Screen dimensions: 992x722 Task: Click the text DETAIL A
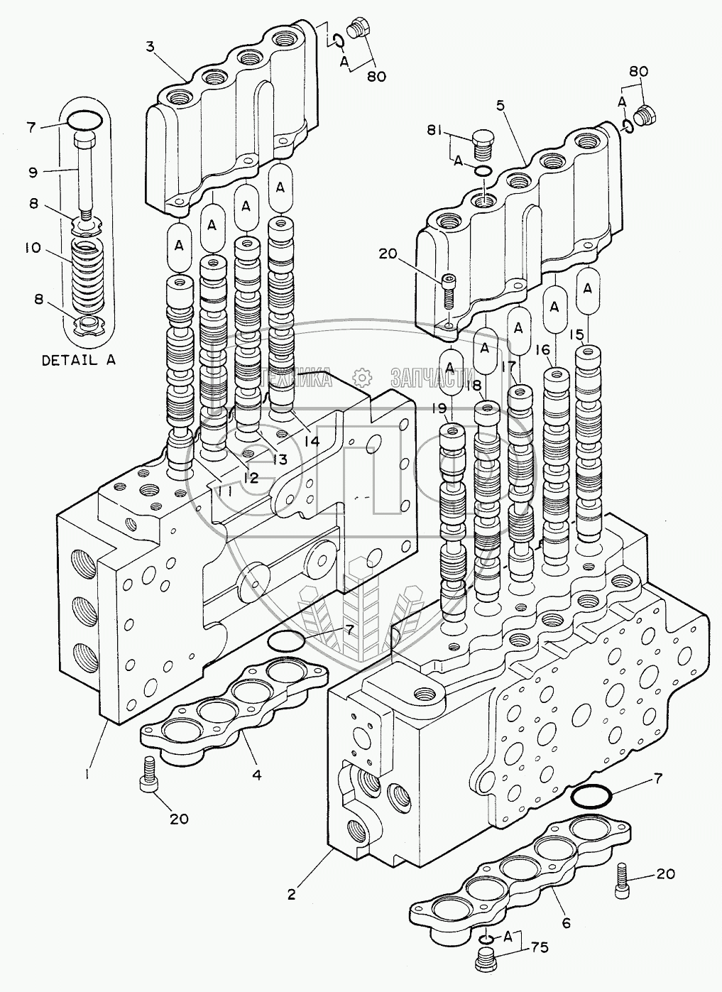coord(78,359)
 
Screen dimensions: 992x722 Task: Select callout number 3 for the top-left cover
coord(150,47)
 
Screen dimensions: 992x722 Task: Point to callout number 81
coord(435,130)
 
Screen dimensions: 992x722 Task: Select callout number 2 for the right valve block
coord(291,895)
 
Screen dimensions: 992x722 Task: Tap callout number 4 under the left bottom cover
coord(256,775)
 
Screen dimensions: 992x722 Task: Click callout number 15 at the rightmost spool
coord(576,334)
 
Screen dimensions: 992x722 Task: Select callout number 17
coord(508,368)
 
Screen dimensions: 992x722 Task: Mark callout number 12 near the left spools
coord(248,478)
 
